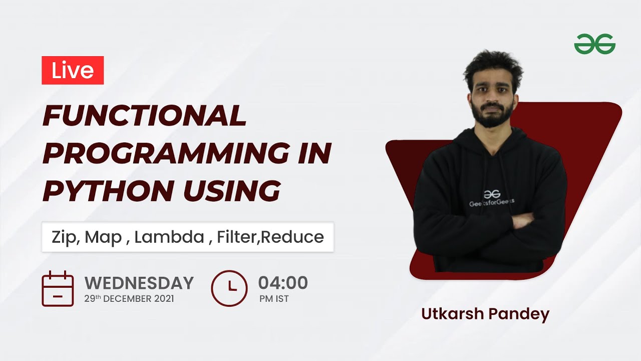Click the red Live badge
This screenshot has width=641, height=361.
pos(73,70)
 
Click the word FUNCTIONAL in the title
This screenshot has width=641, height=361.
pos(145,116)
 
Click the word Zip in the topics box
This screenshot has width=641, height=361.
pos(65,237)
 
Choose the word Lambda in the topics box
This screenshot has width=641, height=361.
pos(169,237)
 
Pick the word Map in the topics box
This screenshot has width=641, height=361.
pos(103,237)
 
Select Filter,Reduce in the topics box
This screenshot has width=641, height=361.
pos(270,237)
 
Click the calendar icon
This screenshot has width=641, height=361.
pos(58,289)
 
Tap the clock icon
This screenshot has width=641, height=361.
pos(229,288)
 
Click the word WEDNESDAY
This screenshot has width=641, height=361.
pos(139,283)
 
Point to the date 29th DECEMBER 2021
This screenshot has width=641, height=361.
pos(129,299)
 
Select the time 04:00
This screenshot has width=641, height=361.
pos(283,283)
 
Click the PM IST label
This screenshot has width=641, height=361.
pos(274,299)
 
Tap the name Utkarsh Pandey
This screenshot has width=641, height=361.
pos(485,314)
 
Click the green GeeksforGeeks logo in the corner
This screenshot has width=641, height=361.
pos(594,44)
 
